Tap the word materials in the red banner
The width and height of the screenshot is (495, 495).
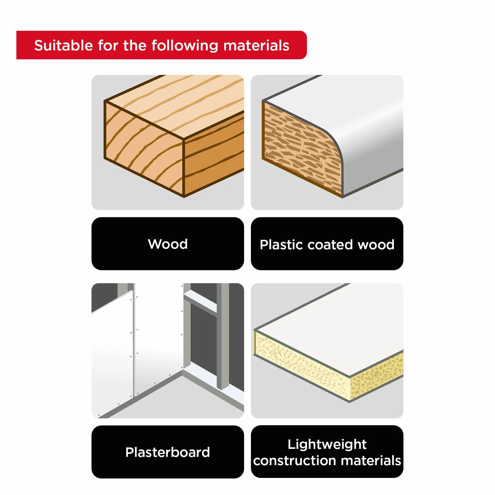[256, 45]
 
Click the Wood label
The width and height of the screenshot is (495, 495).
[168, 244]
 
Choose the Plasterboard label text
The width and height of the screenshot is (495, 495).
[168, 452]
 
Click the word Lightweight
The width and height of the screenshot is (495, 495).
[327, 445]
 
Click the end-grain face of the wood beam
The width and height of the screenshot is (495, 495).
[144, 148]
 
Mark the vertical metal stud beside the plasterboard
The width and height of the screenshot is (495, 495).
[223, 336]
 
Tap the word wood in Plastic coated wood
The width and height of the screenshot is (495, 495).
[376, 245]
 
